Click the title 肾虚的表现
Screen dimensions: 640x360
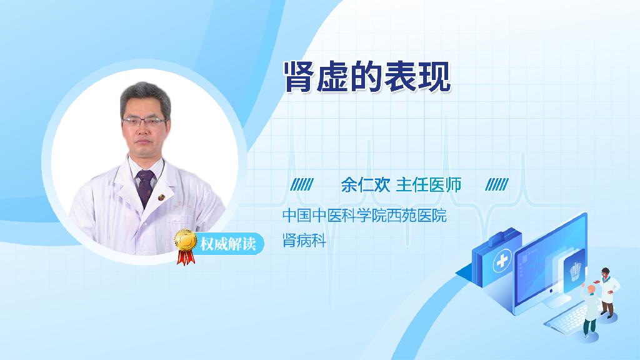pyautogui.click(x=367, y=77)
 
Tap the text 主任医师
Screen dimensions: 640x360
pyautogui.click(x=428, y=185)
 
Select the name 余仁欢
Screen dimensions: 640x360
pyautogui.click(x=365, y=185)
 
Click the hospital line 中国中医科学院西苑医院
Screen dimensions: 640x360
pyautogui.click(x=364, y=216)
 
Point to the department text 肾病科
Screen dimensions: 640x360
pyautogui.click(x=304, y=241)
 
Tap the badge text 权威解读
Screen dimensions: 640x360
pyautogui.click(x=227, y=244)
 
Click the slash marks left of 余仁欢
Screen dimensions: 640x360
pyautogui.click(x=302, y=184)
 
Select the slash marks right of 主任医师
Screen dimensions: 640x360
pyautogui.click(x=497, y=184)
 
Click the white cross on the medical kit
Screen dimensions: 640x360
pyautogui.click(x=502, y=261)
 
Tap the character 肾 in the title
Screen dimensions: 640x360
pyautogui.click(x=300, y=77)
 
